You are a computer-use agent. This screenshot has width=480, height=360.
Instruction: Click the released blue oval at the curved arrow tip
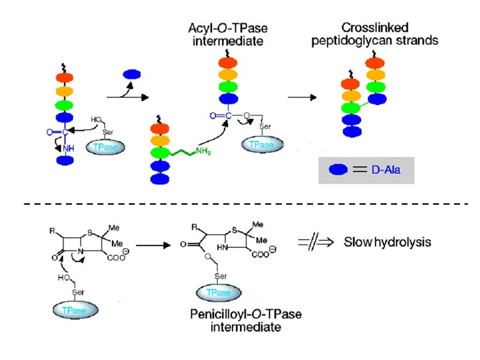(132, 74)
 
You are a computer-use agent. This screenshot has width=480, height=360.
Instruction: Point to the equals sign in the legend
(359, 170)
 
